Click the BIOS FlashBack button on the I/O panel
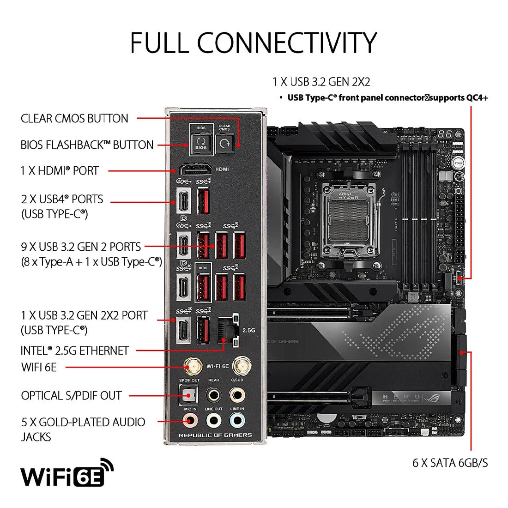201,142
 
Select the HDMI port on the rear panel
195,169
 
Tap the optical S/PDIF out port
188,395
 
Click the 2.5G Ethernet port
227,331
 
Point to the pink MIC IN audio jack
189,421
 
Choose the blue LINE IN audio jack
237,421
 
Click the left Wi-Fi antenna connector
194,367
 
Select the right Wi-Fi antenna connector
239,367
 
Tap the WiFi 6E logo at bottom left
67,473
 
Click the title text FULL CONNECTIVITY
254,42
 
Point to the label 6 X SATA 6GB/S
450,463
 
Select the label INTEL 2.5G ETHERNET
74,351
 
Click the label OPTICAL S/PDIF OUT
71,396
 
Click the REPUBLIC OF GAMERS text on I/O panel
215,435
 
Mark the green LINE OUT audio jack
213,421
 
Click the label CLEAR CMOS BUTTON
74,119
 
